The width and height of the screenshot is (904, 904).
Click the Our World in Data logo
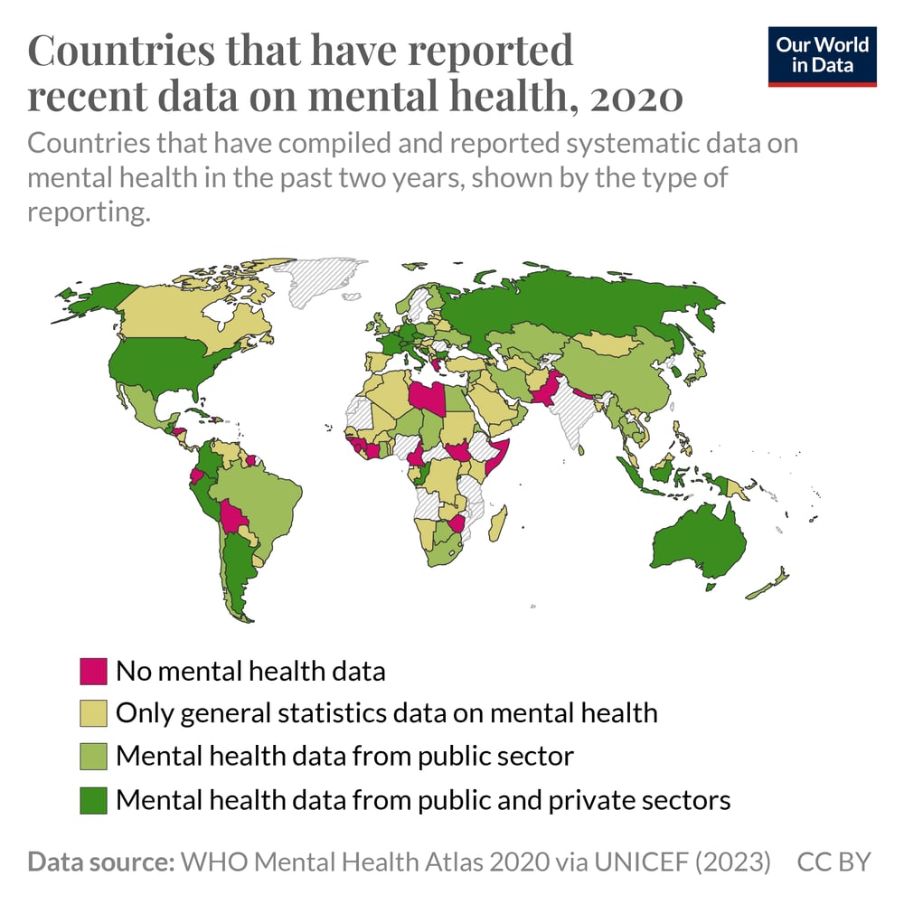coord(822,56)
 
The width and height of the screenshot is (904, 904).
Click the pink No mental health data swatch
coord(94,672)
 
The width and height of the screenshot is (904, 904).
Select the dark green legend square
coord(94,800)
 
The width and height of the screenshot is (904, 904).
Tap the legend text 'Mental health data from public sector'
coord(344,756)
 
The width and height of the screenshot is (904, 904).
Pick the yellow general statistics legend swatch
coord(94,713)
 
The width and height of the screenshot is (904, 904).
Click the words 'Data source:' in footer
coord(100,862)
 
